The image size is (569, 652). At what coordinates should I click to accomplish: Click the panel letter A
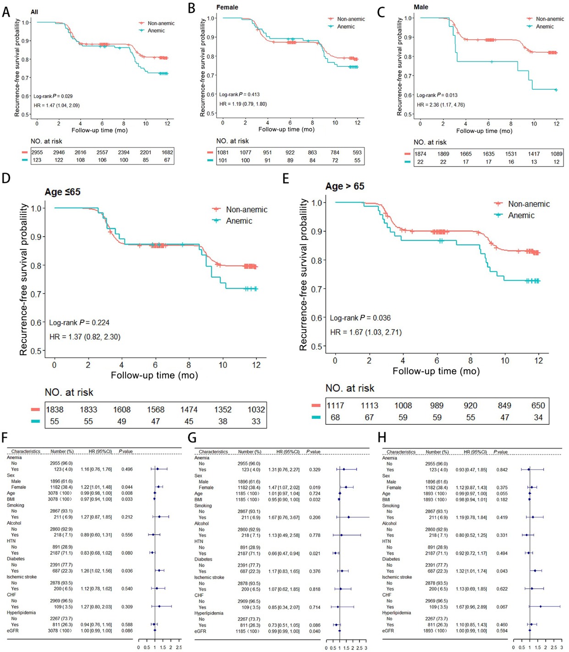[x=6, y=12]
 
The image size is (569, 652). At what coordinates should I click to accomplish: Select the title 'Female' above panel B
[x=227, y=7]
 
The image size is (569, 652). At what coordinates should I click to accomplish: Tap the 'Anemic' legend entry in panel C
[x=545, y=27]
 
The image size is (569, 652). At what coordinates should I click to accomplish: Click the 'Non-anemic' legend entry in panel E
[x=528, y=204]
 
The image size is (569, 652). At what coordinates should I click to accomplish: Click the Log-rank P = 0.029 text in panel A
[x=53, y=96]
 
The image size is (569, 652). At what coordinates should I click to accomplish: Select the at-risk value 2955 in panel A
[x=37, y=153]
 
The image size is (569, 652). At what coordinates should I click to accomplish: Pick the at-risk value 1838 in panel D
[x=55, y=410]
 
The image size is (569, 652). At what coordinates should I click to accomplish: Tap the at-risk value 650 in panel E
[x=538, y=405]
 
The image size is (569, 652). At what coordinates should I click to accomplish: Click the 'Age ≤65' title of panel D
[x=62, y=192]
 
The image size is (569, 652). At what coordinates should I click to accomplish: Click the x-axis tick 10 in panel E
[x=504, y=361]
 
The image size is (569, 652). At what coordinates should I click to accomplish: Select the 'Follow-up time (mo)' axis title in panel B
[x=286, y=130]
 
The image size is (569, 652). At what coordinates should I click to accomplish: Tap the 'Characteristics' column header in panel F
[x=26, y=451]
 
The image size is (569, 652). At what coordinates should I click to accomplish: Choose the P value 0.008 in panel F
[x=127, y=493]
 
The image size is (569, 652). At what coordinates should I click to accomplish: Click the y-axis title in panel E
[x=303, y=275]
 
